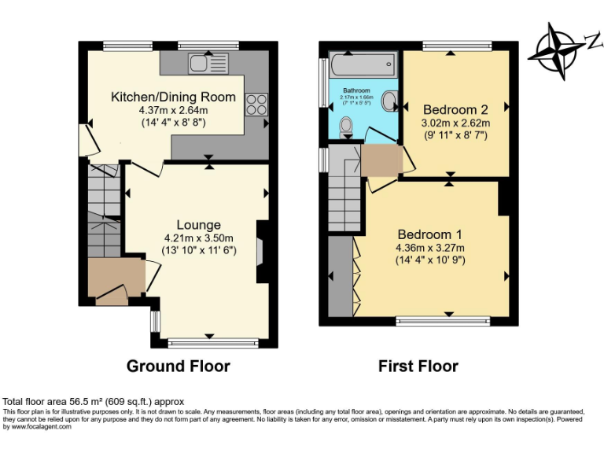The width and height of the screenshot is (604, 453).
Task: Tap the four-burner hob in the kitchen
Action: (256, 102)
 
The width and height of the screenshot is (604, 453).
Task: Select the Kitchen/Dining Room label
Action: (173, 98)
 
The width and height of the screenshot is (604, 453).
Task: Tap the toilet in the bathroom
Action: (347, 127)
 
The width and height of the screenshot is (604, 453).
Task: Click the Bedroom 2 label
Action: (455, 109)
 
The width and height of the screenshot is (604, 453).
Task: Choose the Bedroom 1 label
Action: (429, 234)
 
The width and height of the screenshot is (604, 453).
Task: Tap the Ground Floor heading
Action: (179, 366)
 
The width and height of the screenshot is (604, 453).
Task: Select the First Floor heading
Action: (418, 366)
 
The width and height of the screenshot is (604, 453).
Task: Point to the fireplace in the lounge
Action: (263, 251)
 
